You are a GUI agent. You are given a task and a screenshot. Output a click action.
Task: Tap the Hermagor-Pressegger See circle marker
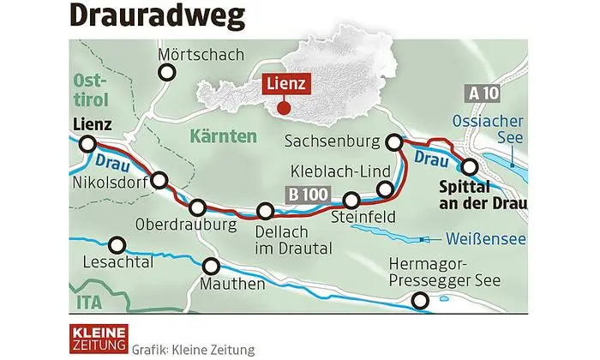click(x=420, y=301)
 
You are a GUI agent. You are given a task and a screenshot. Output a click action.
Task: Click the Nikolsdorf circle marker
click(x=159, y=180)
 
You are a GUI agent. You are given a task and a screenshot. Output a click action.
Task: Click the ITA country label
click(x=88, y=302)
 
